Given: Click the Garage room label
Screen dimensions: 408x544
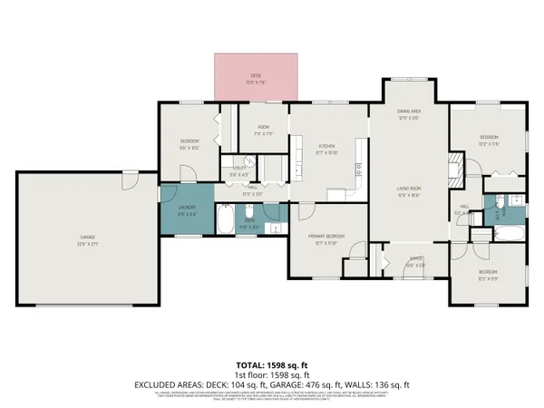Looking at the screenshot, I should point(86,240).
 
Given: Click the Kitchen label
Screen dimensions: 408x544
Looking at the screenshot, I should point(327,149).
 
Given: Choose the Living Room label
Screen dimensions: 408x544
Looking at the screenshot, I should point(410,189).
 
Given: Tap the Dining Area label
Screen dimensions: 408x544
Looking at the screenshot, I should point(410,113).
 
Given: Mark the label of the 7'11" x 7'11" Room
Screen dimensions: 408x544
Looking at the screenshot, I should point(264,129).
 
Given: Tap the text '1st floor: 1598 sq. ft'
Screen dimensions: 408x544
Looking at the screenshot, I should point(271,373).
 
